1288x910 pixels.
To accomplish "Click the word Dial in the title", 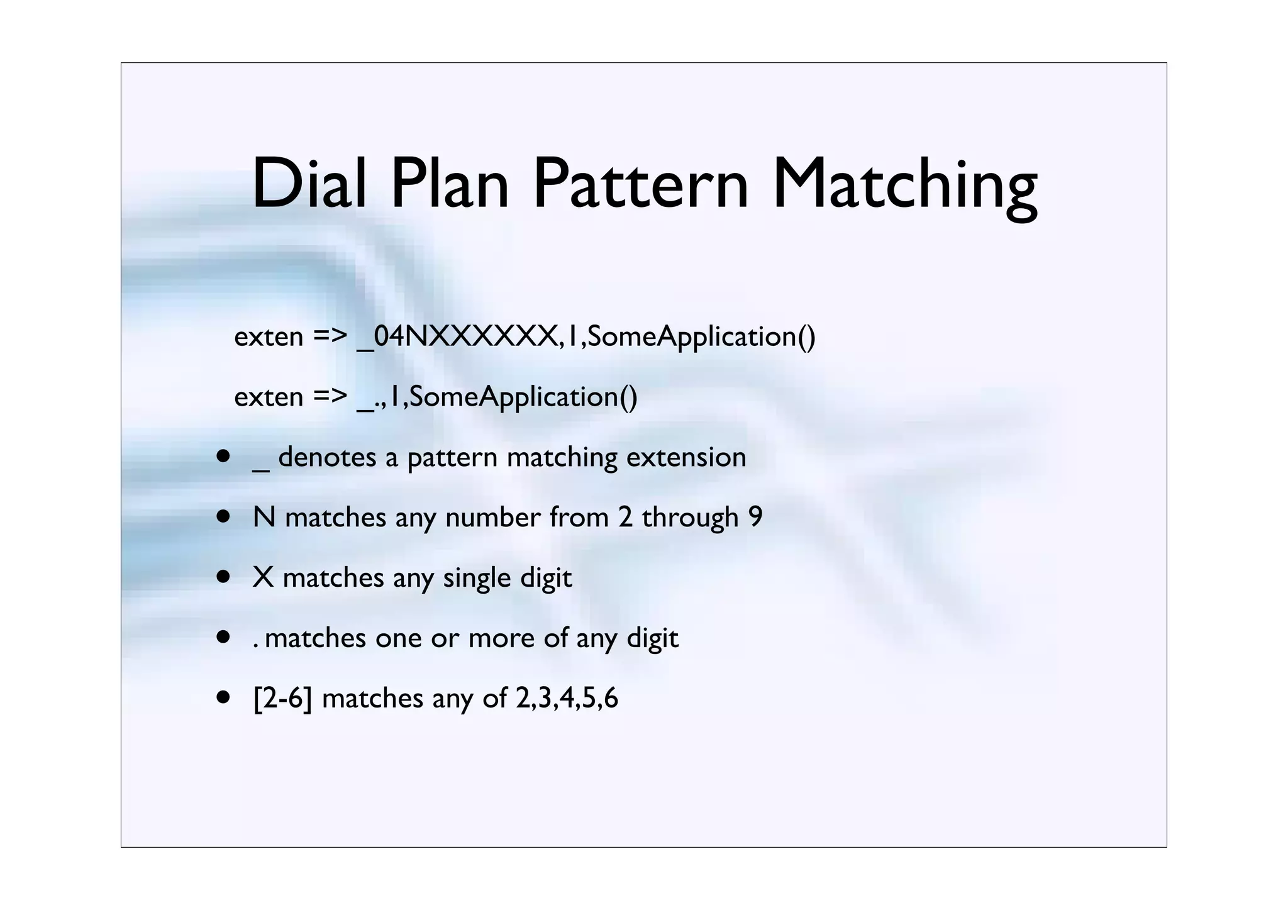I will coord(309,184).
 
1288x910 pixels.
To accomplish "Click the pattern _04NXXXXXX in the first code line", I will coord(457,337).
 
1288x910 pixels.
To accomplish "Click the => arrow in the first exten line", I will coord(330,337).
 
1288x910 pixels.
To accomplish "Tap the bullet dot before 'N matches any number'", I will coord(223,517).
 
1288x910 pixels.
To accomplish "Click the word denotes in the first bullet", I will coord(327,457).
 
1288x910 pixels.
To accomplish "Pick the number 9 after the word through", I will coord(755,518).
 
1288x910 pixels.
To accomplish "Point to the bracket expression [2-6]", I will coord(282,699).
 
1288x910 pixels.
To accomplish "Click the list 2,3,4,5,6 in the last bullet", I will coord(567,699).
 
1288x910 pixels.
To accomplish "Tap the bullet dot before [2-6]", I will coord(223,698).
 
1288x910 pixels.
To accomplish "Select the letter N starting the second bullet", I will coord(264,518).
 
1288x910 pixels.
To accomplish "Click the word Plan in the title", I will coord(449,184).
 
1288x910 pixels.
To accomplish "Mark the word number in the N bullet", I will coord(492,518).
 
